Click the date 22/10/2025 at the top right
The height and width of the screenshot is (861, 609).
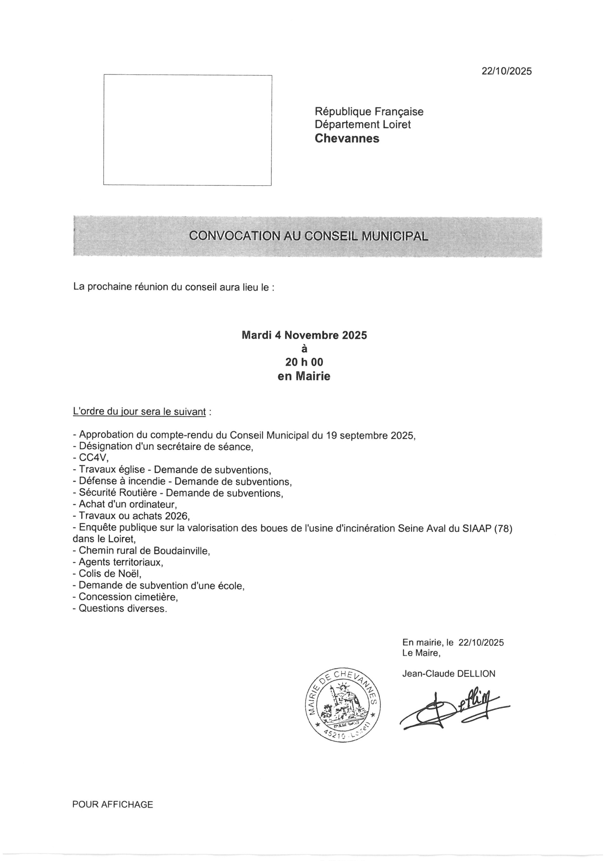tap(506, 71)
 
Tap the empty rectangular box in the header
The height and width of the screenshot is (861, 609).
tap(187, 130)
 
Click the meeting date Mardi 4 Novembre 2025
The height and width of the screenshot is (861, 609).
tap(304, 335)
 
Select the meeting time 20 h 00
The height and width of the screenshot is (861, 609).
tap(304, 362)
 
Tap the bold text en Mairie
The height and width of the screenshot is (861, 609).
tap(304, 376)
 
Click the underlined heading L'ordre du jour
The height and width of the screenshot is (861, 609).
tap(139, 412)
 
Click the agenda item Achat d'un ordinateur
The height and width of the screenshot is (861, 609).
tap(128, 504)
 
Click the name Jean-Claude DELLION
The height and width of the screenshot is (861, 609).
tap(449, 674)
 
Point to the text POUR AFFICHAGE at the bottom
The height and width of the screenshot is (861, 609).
tap(113, 804)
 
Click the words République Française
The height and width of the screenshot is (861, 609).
tap(369, 111)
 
